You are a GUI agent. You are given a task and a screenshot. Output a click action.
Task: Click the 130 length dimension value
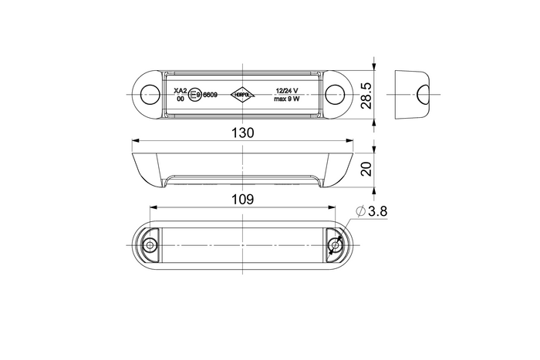(242, 133)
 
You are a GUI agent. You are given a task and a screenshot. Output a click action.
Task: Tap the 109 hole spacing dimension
(242, 199)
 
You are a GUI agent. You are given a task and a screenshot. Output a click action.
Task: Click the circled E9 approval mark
(197, 95)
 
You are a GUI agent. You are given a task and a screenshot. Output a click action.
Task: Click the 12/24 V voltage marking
(288, 90)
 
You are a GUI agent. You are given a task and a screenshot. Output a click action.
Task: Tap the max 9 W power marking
(288, 99)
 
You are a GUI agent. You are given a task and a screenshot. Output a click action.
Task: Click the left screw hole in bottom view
(150, 246)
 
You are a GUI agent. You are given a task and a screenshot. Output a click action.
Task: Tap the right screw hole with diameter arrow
(334, 246)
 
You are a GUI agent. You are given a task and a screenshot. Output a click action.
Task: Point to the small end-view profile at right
(413, 96)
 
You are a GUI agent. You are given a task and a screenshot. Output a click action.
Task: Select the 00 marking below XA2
(180, 99)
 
